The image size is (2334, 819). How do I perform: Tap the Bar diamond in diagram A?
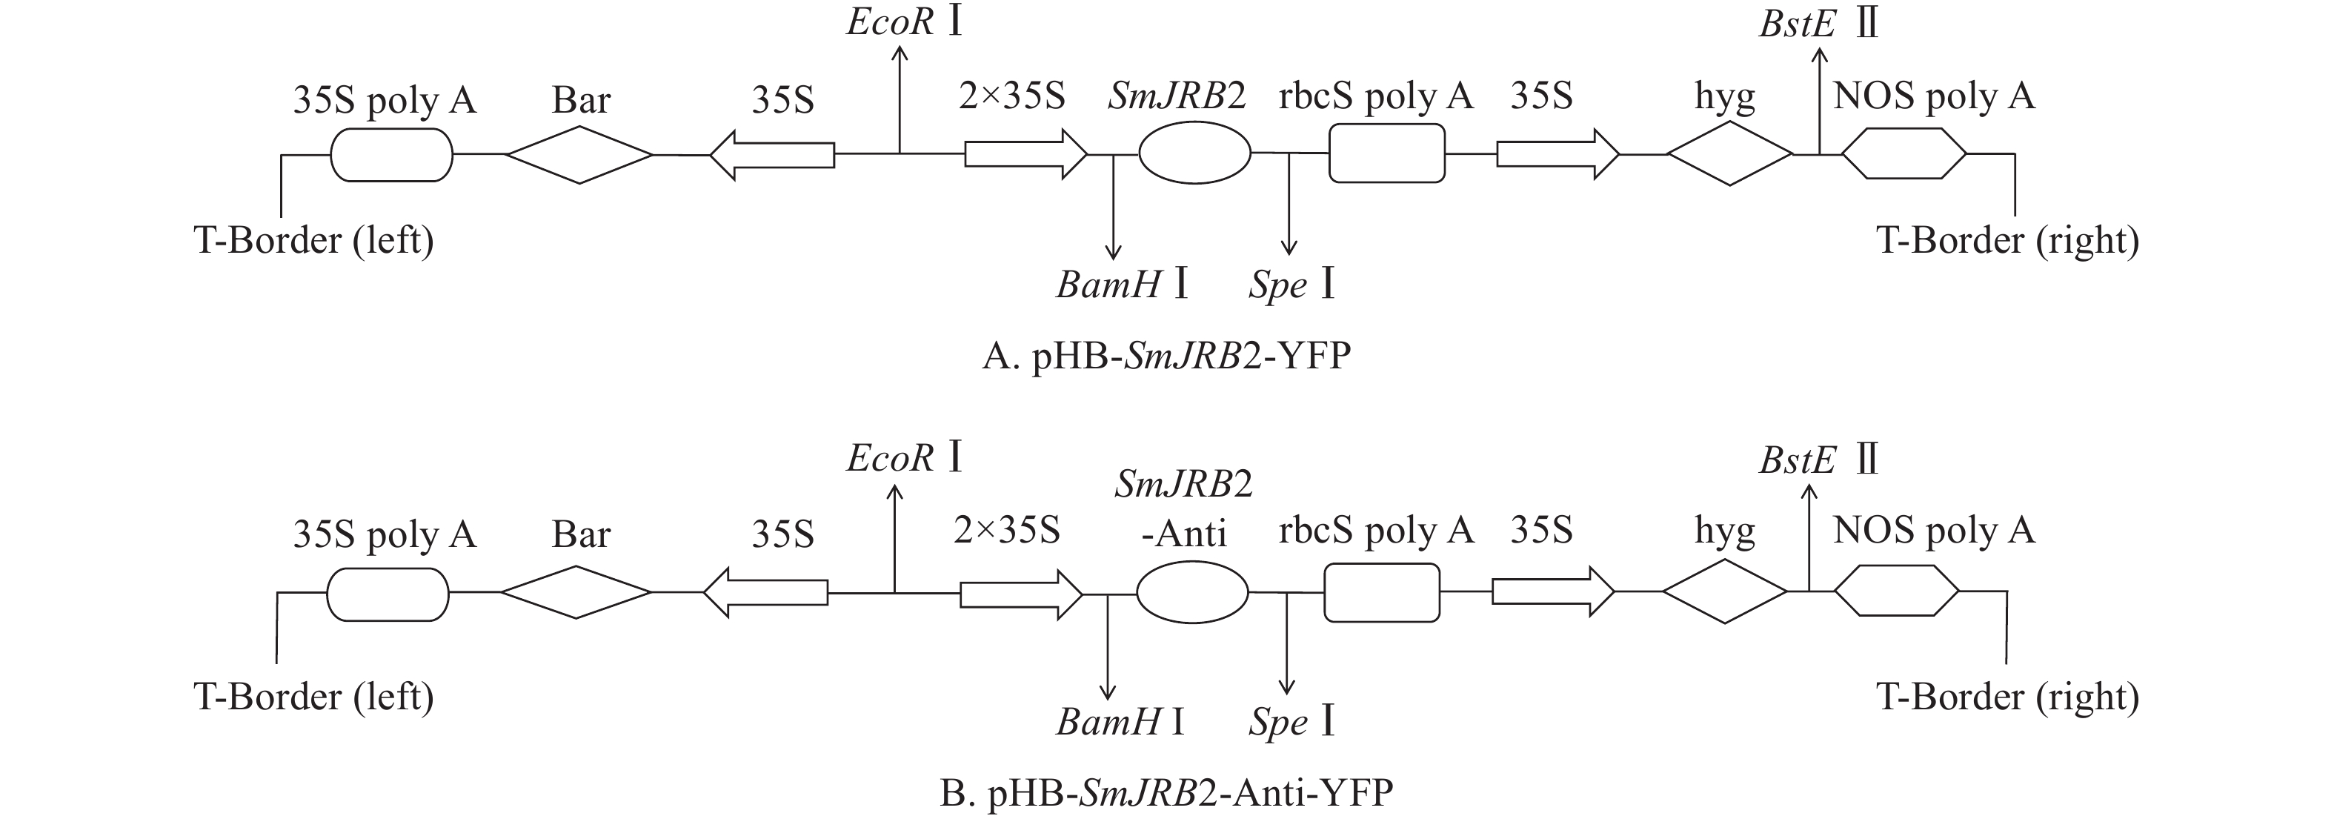coord(579,155)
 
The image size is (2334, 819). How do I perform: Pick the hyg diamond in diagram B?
coord(1724,591)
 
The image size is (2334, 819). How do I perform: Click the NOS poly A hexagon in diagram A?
coord(1904,154)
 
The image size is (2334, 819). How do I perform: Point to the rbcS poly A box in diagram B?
coord(1382,592)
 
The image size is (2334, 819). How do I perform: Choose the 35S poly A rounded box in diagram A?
coord(391,155)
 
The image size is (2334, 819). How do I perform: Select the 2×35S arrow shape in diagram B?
coord(1021,594)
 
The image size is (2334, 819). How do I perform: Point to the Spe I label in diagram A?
coord(1291,285)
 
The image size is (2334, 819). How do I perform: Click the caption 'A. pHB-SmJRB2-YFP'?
coord(1166,356)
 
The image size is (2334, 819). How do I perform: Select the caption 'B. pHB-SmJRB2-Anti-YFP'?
coord(1166,794)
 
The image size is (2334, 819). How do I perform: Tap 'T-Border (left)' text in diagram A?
coord(313,240)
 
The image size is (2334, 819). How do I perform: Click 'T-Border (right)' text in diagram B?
coord(2007,697)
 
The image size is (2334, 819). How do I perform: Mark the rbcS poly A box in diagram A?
coord(1386,153)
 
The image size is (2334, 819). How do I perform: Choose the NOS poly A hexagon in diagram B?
coord(1896,591)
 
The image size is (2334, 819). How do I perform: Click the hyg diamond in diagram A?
coord(1729,154)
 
